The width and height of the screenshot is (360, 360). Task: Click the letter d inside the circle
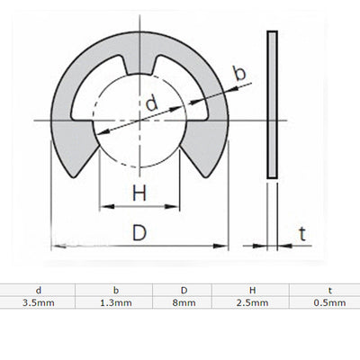pos(150,104)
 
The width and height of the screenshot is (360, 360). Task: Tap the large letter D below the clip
pos(139,232)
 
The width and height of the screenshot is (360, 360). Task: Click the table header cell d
pos(37,291)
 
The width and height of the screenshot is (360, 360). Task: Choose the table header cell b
pos(115,291)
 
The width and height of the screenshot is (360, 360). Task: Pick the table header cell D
pos(184,291)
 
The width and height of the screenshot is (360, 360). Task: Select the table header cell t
pos(330,291)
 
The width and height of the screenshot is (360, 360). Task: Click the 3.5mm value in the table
pos(37,303)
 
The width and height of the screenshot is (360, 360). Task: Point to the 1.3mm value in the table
pos(115,303)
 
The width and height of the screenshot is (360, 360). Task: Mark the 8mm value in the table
pos(184,303)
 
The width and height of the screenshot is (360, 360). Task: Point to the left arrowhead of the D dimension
pos(56,246)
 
